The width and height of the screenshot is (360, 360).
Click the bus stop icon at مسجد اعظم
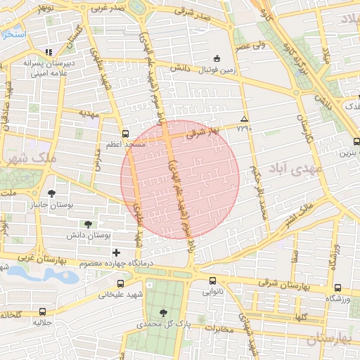pos(125,133)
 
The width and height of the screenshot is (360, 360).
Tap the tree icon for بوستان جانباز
pos(51,193)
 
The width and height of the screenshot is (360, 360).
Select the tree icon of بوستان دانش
pos(87,224)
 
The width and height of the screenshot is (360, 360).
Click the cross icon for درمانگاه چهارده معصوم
pos(116,252)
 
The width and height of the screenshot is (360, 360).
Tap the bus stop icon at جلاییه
pos(43,311)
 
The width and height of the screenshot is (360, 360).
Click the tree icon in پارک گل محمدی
pos(163,313)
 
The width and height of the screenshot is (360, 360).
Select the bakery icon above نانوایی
pos(212,280)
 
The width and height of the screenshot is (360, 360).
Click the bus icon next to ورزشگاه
pos(337,288)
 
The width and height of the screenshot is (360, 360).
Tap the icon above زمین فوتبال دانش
pos(215,58)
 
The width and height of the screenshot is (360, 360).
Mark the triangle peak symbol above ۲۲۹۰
pos(244,119)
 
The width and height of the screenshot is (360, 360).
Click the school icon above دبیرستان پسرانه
pos(49,52)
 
